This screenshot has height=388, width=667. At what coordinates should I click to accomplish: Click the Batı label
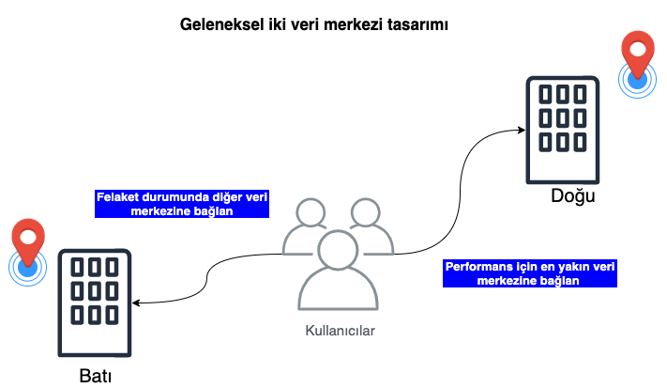(95, 377)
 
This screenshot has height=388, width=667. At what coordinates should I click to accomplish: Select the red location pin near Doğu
(639, 54)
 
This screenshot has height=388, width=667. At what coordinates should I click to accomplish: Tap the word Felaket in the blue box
(120, 198)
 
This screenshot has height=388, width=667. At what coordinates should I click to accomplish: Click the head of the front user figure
(339, 251)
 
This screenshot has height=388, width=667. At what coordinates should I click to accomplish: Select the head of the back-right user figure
(366, 213)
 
